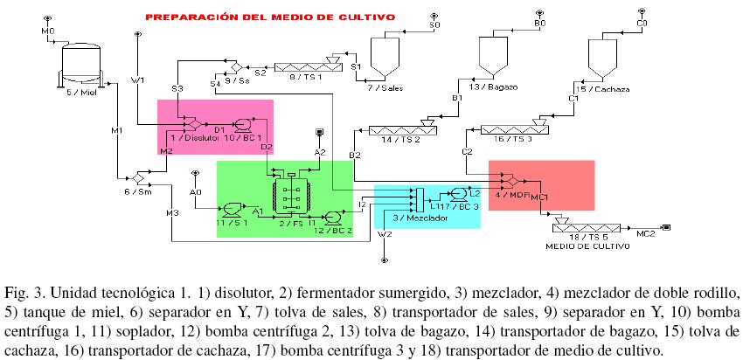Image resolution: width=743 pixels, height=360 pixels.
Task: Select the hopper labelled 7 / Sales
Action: [383, 57]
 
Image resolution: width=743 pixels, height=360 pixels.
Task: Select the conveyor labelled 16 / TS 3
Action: [514, 129]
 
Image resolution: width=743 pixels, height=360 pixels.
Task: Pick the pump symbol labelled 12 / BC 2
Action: [332, 218]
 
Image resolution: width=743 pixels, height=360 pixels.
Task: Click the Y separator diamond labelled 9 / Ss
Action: [234, 66]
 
